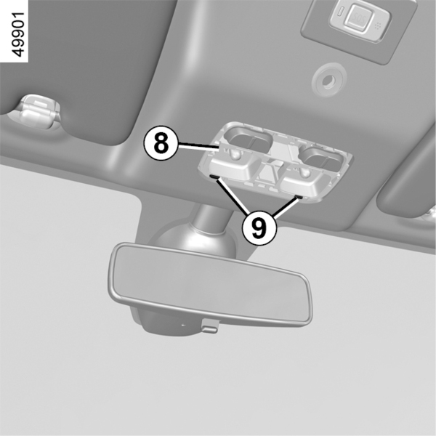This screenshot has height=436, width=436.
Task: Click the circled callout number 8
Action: point(161,143)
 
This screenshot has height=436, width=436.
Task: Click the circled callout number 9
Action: point(259,228)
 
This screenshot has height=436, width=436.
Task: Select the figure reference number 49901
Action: point(18,34)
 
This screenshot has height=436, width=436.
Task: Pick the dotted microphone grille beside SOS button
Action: point(377,26)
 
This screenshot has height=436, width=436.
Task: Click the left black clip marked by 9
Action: point(214,177)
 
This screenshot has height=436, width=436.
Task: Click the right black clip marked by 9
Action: point(299,197)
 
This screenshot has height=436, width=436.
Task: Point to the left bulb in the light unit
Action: point(235,155)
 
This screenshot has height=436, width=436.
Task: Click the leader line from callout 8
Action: point(198,145)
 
